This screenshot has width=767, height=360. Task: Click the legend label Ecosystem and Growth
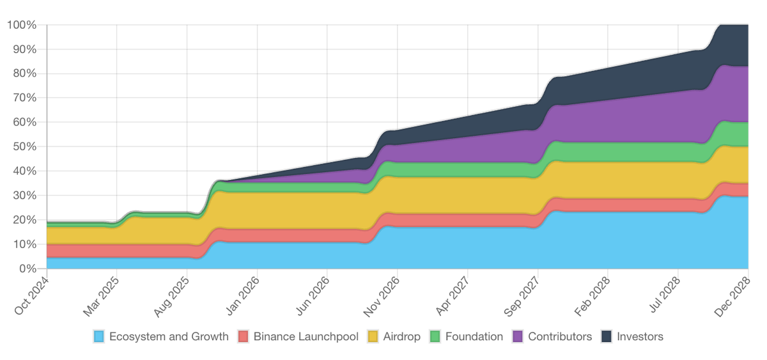[169, 336]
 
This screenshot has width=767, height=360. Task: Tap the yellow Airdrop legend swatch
[372, 336]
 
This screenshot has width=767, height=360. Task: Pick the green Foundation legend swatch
[435, 336]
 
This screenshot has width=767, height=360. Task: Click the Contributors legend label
[560, 336]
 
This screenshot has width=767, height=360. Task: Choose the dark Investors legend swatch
[607, 336]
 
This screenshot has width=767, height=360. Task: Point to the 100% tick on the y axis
[23, 25]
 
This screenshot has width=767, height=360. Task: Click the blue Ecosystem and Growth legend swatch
[99, 336]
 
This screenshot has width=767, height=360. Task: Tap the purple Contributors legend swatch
[518, 336]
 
